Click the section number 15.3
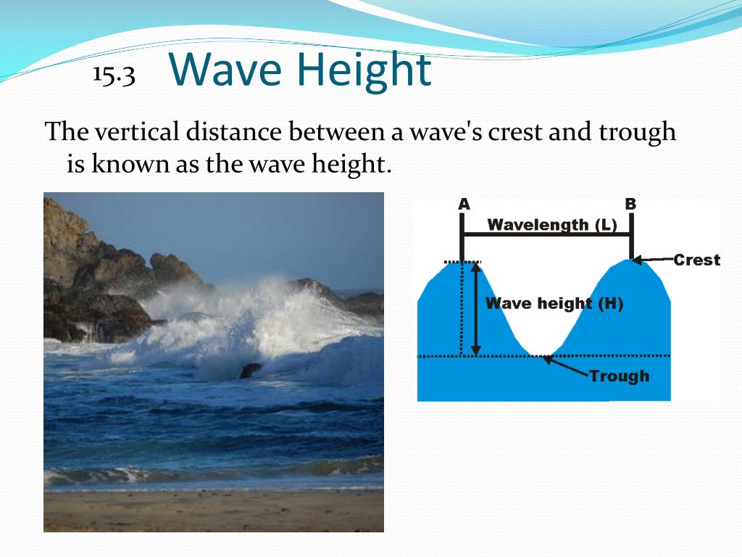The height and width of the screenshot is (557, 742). pyautogui.click(x=114, y=75)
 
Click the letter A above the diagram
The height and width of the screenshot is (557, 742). pyautogui.click(x=464, y=205)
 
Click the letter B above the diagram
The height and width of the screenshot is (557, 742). pyautogui.click(x=630, y=205)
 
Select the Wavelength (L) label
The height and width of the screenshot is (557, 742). pyautogui.click(x=552, y=225)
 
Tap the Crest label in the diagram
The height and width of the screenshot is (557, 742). pyautogui.click(x=696, y=260)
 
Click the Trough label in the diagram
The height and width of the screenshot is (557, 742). pyautogui.click(x=619, y=376)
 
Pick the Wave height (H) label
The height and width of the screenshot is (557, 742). pyautogui.click(x=554, y=303)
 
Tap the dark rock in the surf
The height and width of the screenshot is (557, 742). pyautogui.click(x=251, y=370)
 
